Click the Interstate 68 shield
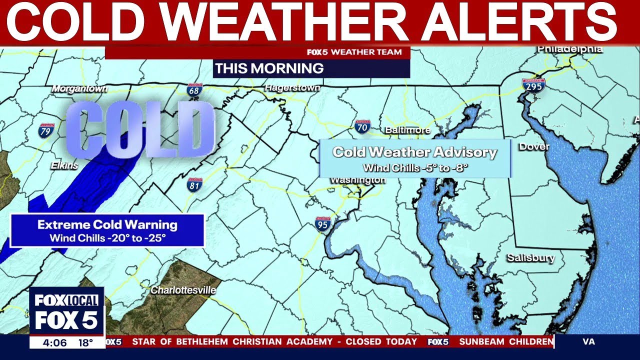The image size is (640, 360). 194,90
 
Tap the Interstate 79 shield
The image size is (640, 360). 44,131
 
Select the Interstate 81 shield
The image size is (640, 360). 194,184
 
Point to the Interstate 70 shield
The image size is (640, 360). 362,126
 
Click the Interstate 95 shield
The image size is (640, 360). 323,223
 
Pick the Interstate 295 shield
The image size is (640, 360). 532,85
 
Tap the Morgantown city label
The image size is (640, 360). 80,88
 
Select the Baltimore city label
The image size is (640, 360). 407,130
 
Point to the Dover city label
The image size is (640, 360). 534,147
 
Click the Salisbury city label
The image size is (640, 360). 531,258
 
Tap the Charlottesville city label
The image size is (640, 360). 183,290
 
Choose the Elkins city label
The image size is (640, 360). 64,165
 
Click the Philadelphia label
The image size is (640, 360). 570,49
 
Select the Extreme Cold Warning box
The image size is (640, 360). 107,230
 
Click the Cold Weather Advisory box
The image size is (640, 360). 415,158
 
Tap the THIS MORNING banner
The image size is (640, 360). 269,68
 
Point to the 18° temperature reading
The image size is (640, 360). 85,342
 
